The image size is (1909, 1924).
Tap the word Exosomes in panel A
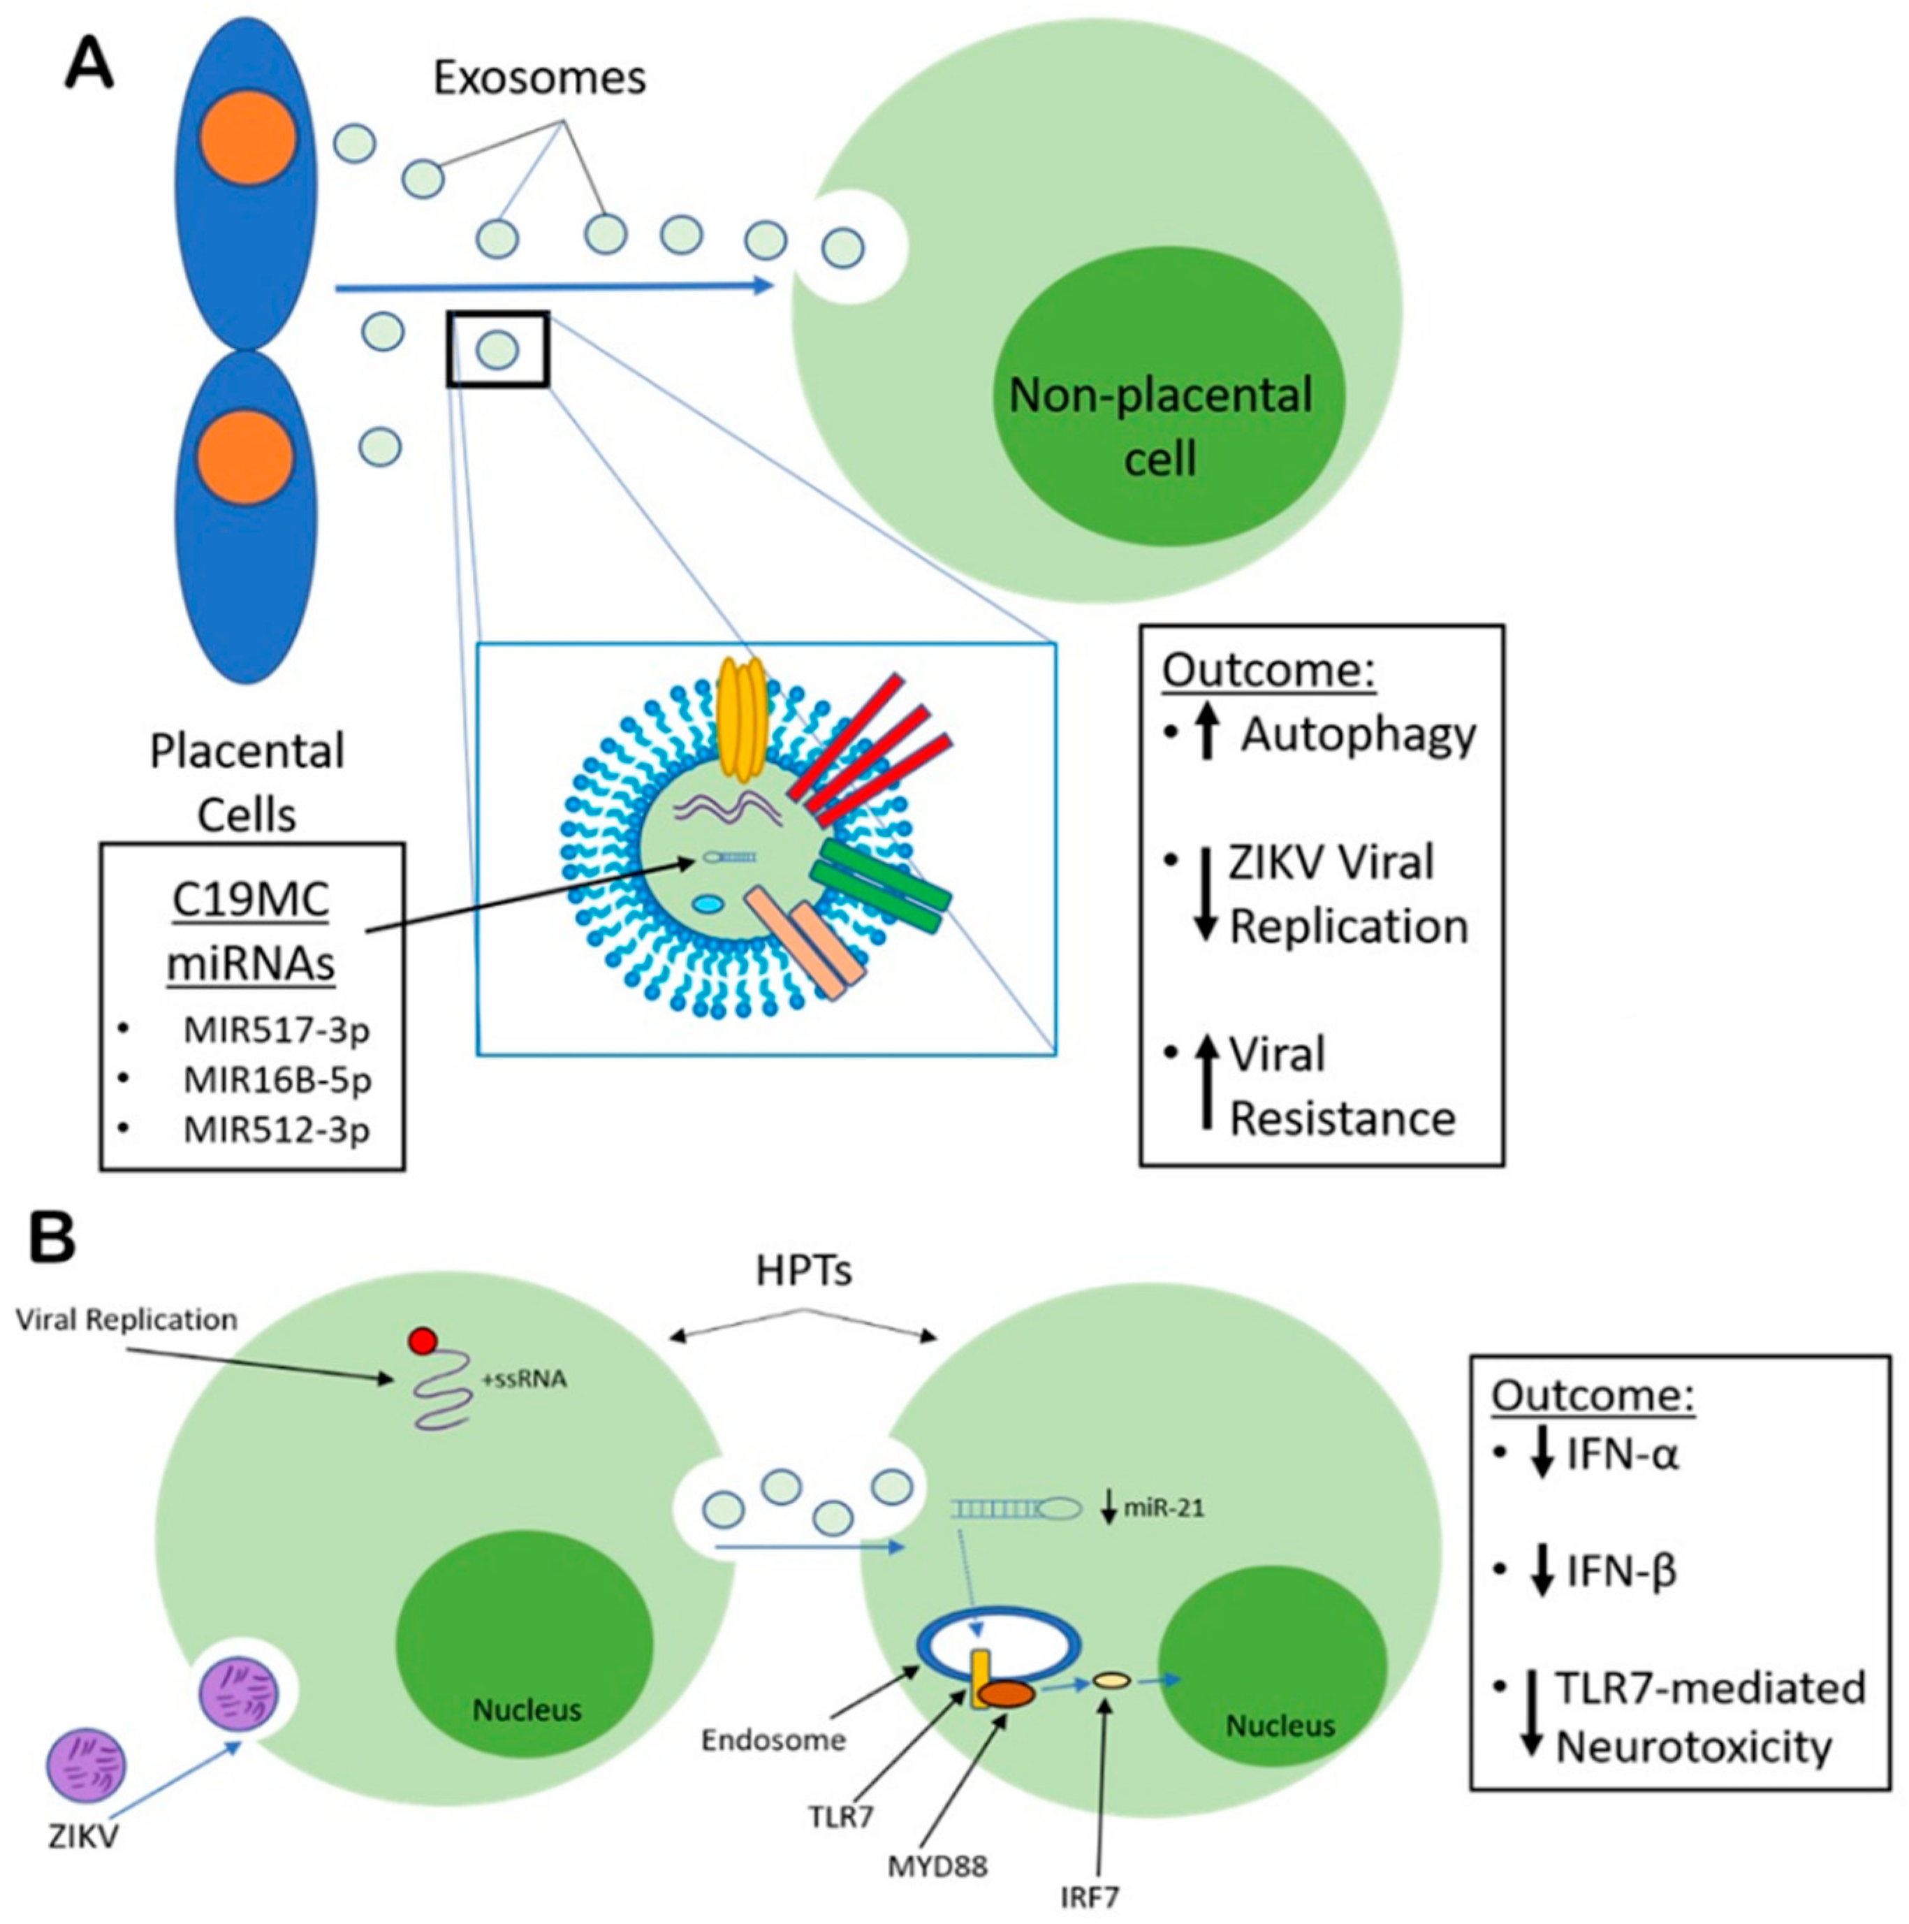pyautogui.click(x=539, y=78)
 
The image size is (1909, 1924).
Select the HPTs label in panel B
pyautogui.click(x=804, y=1271)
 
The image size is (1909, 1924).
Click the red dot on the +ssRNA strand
pyautogui.click(x=421, y=1341)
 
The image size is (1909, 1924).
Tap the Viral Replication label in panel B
pyautogui.click(x=126, y=1320)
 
